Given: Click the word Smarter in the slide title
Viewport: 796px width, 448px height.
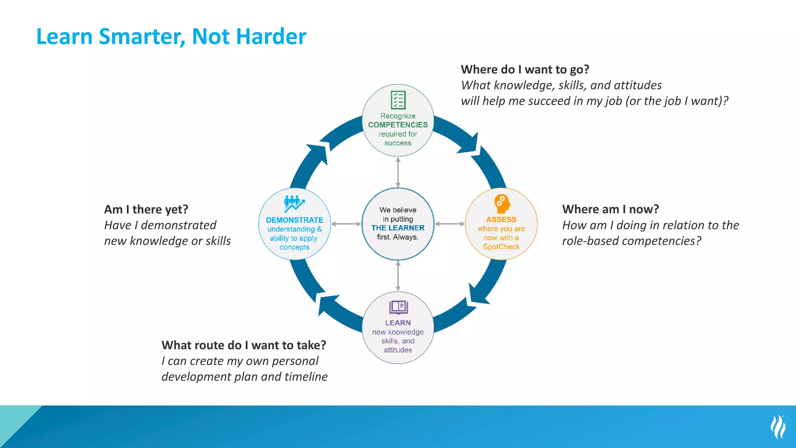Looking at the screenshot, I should click(142, 37).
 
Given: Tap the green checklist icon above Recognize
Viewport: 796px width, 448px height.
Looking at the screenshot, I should click(398, 100).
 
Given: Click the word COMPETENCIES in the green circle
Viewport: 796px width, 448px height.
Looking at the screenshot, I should click(398, 125).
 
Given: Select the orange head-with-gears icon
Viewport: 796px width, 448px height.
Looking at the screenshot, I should click(502, 203).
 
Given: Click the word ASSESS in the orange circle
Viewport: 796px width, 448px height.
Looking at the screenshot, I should click(501, 220).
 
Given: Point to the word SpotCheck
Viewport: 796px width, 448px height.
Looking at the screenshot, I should click(501, 247).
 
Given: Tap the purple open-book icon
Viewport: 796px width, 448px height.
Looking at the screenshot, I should click(398, 307).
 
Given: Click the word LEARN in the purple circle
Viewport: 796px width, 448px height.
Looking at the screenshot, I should click(398, 323).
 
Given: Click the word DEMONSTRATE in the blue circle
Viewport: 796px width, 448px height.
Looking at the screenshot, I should click(294, 220).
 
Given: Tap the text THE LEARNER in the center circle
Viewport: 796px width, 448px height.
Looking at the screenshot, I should click(398, 228).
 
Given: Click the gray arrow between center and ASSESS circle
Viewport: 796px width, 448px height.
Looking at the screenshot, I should click(450, 224).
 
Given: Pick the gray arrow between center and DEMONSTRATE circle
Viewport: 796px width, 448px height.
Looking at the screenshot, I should click(346, 224).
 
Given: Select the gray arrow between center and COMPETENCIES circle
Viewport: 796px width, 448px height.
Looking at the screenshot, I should click(398, 172).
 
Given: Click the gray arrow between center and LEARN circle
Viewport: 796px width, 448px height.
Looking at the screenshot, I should click(398, 276).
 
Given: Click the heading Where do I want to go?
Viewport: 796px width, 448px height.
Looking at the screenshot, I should click(525, 70).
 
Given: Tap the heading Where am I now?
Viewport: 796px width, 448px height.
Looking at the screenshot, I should click(610, 209).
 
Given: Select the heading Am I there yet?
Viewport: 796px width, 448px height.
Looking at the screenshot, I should click(146, 210).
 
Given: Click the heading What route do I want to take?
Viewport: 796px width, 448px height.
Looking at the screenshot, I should click(244, 345).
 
